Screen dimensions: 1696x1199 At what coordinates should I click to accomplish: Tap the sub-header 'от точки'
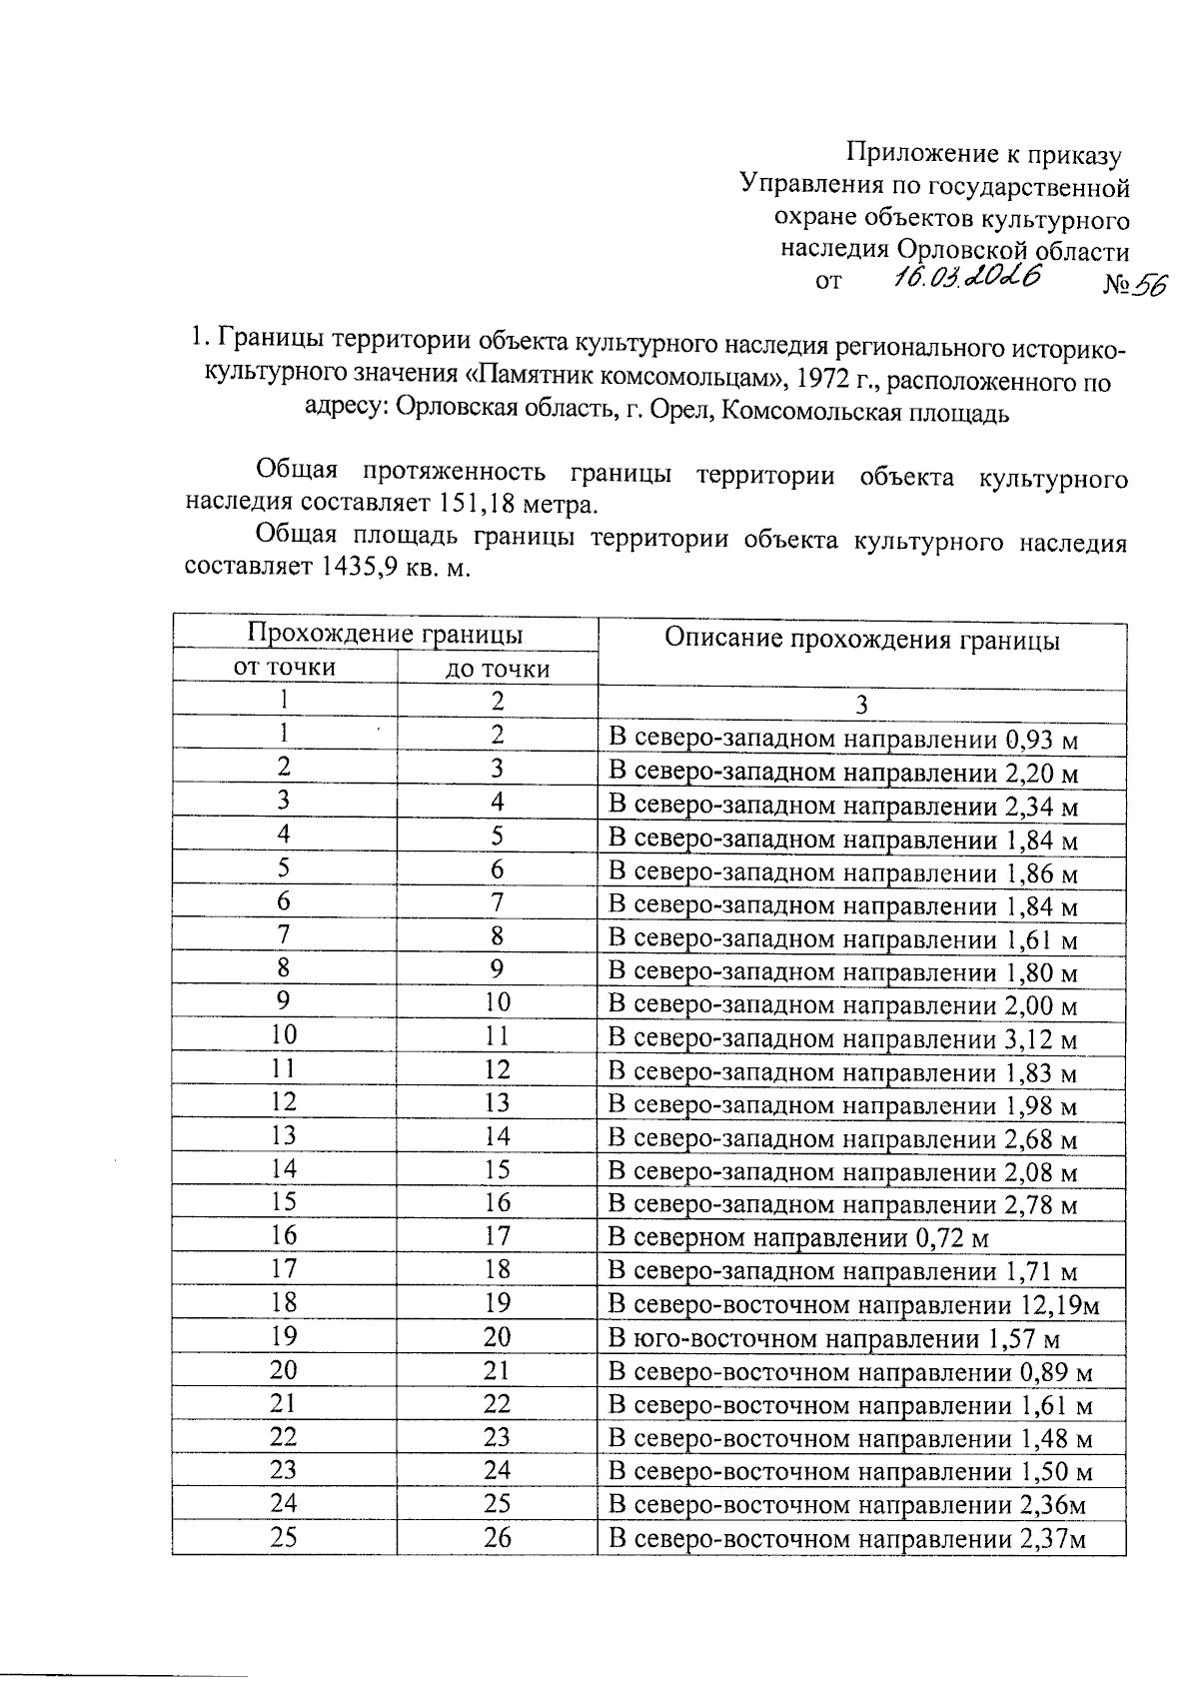pyautogui.click(x=284, y=667)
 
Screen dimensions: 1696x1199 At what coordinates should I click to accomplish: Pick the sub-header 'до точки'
pyautogui.click(x=497, y=669)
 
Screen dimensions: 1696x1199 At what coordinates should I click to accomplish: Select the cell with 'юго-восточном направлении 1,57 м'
pyautogui.click(x=834, y=1339)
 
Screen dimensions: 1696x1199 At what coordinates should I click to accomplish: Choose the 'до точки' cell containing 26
pyautogui.click(x=497, y=1537)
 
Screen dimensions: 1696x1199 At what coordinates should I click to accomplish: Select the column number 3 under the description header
pyautogui.click(x=861, y=705)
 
